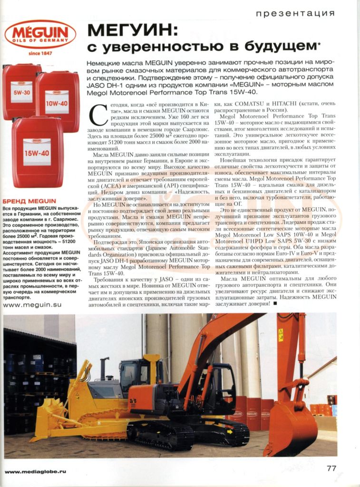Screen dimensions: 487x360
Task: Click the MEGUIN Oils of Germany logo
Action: pos(39,34)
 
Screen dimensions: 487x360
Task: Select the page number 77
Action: pos(331,468)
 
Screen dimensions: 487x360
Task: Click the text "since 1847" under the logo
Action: pos(40,53)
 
